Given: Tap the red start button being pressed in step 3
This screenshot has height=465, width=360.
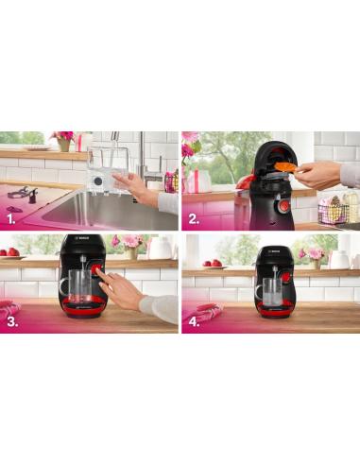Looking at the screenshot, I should (x=96, y=271).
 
